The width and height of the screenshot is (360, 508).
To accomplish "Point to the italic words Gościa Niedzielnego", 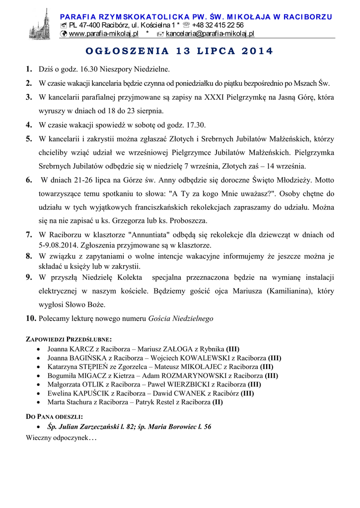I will click(181, 318).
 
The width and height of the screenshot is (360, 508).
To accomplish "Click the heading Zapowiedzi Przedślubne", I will click(69, 339).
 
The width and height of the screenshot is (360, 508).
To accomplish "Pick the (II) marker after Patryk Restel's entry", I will click(217, 402).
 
